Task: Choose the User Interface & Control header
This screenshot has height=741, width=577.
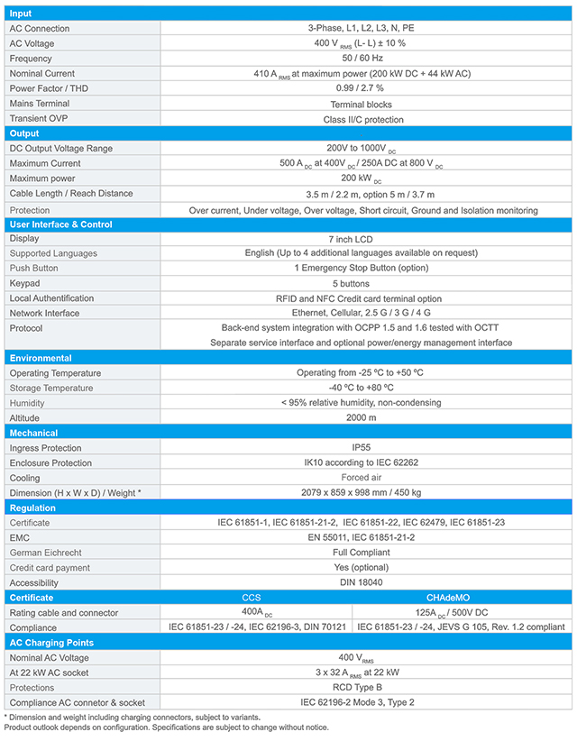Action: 60,224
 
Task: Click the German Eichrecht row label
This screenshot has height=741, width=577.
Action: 48,553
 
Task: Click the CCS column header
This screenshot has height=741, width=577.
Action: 252,598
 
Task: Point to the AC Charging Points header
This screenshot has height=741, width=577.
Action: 51,643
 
